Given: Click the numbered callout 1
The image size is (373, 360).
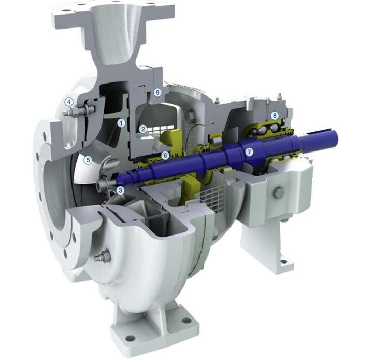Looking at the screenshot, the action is [x=121, y=123].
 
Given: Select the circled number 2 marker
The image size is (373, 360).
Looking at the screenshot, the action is [x=143, y=129].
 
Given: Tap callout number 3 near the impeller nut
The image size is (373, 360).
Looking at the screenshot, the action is [x=120, y=190].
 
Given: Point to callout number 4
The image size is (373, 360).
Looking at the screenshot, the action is [x=69, y=102].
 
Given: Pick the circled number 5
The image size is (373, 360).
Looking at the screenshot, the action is [x=88, y=160].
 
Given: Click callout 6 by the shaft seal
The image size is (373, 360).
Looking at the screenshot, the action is [x=165, y=156].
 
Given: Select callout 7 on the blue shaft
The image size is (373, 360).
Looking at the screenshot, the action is [x=249, y=152].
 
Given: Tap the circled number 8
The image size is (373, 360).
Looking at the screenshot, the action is [x=275, y=116].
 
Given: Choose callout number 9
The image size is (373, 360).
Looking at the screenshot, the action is [x=157, y=92].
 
